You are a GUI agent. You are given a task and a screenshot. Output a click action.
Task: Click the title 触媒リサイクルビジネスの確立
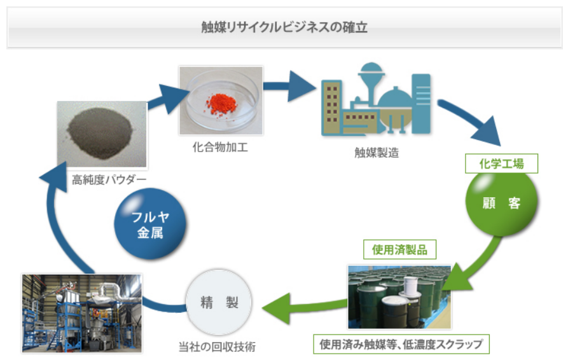(x=284, y=28)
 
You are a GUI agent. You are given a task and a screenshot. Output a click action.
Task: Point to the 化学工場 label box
(x=501, y=163)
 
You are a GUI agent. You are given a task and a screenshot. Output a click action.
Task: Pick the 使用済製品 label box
(x=399, y=249)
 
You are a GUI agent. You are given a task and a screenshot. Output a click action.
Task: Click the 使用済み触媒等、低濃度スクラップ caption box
(x=401, y=345)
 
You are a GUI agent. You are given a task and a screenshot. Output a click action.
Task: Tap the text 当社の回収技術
(x=219, y=347)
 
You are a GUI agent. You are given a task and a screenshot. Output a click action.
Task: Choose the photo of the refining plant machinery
(x=82, y=312)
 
